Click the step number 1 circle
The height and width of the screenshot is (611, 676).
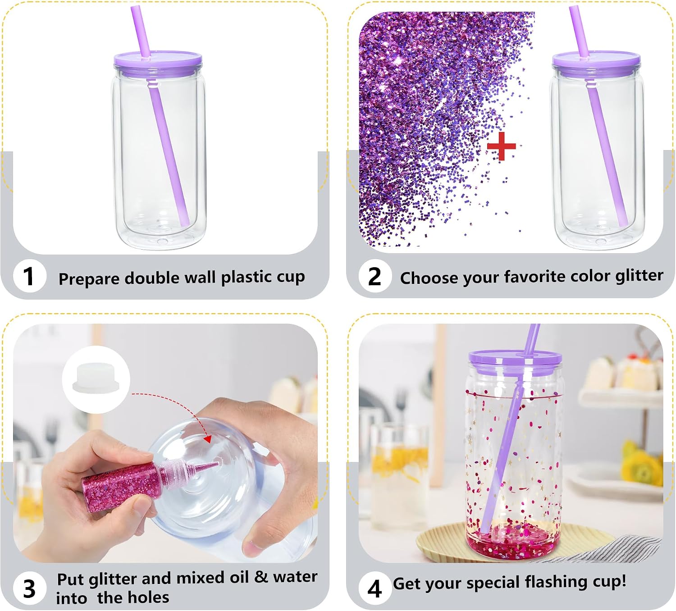click(x=29, y=276)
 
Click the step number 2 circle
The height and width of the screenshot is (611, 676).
click(x=375, y=276)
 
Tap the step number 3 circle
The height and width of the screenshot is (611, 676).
click(x=29, y=588)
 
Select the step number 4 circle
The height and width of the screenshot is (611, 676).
click(x=375, y=589)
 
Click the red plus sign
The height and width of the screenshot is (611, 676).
click(x=502, y=146)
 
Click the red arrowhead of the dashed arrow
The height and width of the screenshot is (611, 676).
click(x=208, y=438)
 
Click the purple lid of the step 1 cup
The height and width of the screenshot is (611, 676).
click(x=158, y=59)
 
